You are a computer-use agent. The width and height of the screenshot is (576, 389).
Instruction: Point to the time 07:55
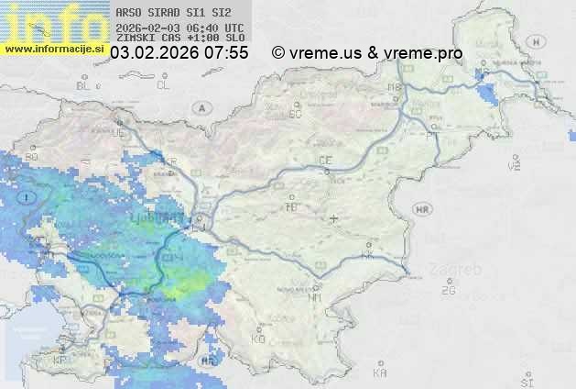(226, 53)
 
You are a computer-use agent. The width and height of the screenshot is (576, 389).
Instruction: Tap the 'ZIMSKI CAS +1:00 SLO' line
(179, 38)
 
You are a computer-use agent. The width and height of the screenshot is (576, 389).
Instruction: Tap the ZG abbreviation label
(448, 291)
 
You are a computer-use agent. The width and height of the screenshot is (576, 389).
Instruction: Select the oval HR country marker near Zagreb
(422, 210)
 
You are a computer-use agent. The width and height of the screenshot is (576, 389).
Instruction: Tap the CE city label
(325, 161)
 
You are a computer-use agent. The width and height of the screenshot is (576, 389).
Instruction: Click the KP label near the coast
(60, 361)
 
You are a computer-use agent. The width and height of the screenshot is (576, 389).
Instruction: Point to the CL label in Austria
(163, 85)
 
